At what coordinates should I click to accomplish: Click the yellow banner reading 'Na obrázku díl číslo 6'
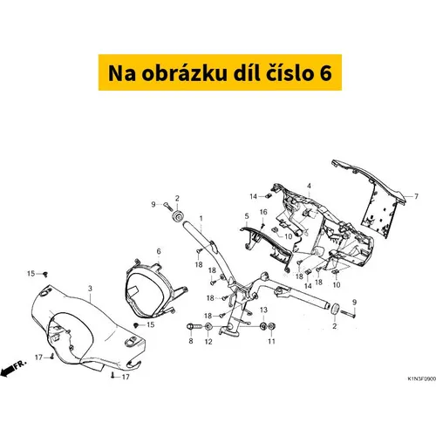coord(220,72)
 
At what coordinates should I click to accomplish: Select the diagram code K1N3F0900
coord(421,379)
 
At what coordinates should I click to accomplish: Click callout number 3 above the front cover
coord(90,289)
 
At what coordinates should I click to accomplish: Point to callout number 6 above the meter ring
coord(159,251)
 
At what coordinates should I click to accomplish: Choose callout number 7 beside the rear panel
coord(416,196)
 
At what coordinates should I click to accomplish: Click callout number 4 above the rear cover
coord(309,186)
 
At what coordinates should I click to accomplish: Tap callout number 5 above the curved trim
coord(247,216)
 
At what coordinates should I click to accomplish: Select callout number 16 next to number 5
coord(263,212)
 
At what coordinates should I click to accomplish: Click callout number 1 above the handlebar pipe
coord(201,218)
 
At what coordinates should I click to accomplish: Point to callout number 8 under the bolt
coord(191,341)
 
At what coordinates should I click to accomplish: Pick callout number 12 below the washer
coord(208,341)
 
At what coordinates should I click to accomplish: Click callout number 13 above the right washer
coord(263,310)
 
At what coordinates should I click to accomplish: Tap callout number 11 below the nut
coord(271,341)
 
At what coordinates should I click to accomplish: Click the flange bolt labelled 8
coord(194,327)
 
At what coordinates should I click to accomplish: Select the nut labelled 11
coord(271,327)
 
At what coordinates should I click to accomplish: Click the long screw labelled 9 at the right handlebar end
coord(347,314)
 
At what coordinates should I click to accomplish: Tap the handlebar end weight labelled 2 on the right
coord(335,309)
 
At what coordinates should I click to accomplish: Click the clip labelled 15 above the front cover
coord(45,274)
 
